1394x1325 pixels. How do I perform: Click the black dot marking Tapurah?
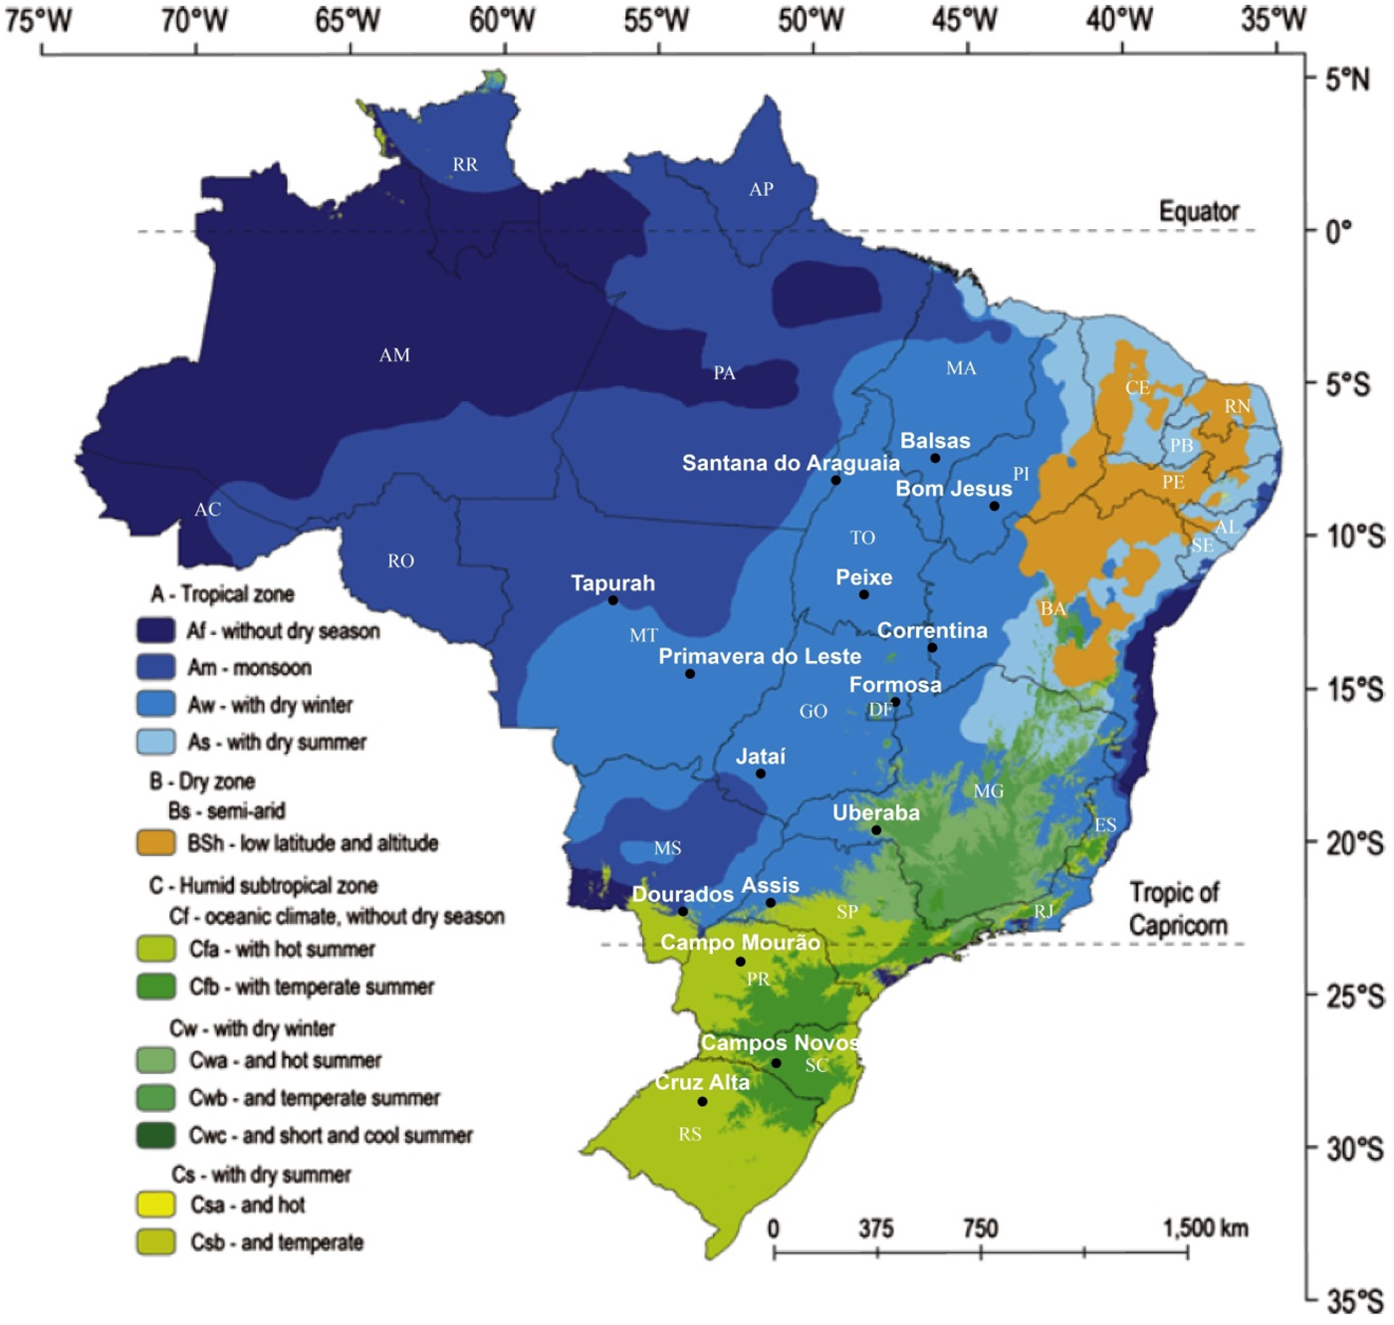coord(613,600)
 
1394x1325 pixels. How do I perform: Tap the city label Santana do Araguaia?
coord(790,463)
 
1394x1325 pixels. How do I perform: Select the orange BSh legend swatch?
coord(156,843)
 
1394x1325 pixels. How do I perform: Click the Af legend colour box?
coord(156,631)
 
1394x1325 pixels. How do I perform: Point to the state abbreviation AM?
coord(394,355)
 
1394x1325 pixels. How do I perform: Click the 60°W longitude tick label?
coord(503,19)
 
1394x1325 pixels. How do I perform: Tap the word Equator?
coord(1199,211)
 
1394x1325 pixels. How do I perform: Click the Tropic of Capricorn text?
coord(1178,908)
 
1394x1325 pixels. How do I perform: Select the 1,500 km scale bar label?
coord(1205,1228)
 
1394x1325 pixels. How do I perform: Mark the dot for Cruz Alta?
coord(703,1102)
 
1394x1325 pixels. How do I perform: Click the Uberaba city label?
coord(876,812)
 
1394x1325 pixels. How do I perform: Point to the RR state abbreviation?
coord(465,165)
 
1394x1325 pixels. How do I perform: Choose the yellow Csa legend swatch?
coord(156,1205)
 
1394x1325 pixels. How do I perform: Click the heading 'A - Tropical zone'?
coord(222,594)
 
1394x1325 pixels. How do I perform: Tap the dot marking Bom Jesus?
coord(994,507)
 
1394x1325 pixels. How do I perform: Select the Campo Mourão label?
coord(740,942)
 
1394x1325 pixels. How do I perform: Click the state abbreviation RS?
coord(690,1134)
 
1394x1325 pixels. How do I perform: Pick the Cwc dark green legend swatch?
coord(156,1135)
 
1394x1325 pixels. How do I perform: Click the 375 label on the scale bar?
coord(876,1228)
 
